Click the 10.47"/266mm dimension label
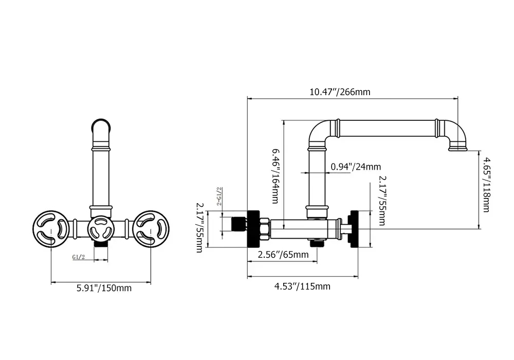[x=340, y=93]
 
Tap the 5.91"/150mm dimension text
[x=101, y=288]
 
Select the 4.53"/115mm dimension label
[x=302, y=286]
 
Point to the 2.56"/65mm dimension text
[x=283, y=255]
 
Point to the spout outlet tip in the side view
[x=457, y=149]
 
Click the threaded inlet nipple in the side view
[x=238, y=224]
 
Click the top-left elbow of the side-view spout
[x=319, y=131]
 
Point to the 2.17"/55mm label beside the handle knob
[x=382, y=201]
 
